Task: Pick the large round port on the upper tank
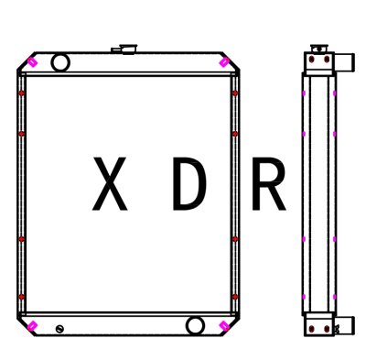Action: pyautogui.click(x=60, y=62)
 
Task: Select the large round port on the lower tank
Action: pyautogui.click(x=195, y=326)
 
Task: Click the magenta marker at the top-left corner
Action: pyautogui.click(x=33, y=62)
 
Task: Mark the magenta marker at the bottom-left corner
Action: pyautogui.click(x=33, y=327)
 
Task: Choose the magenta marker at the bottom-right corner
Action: pyautogui.click(x=225, y=327)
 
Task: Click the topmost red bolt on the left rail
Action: pyautogui.click(x=21, y=93)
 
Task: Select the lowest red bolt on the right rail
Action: pyautogui.click(x=236, y=298)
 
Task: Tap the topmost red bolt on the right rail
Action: pyautogui.click(x=236, y=93)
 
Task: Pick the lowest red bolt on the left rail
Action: pyautogui.click(x=21, y=298)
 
